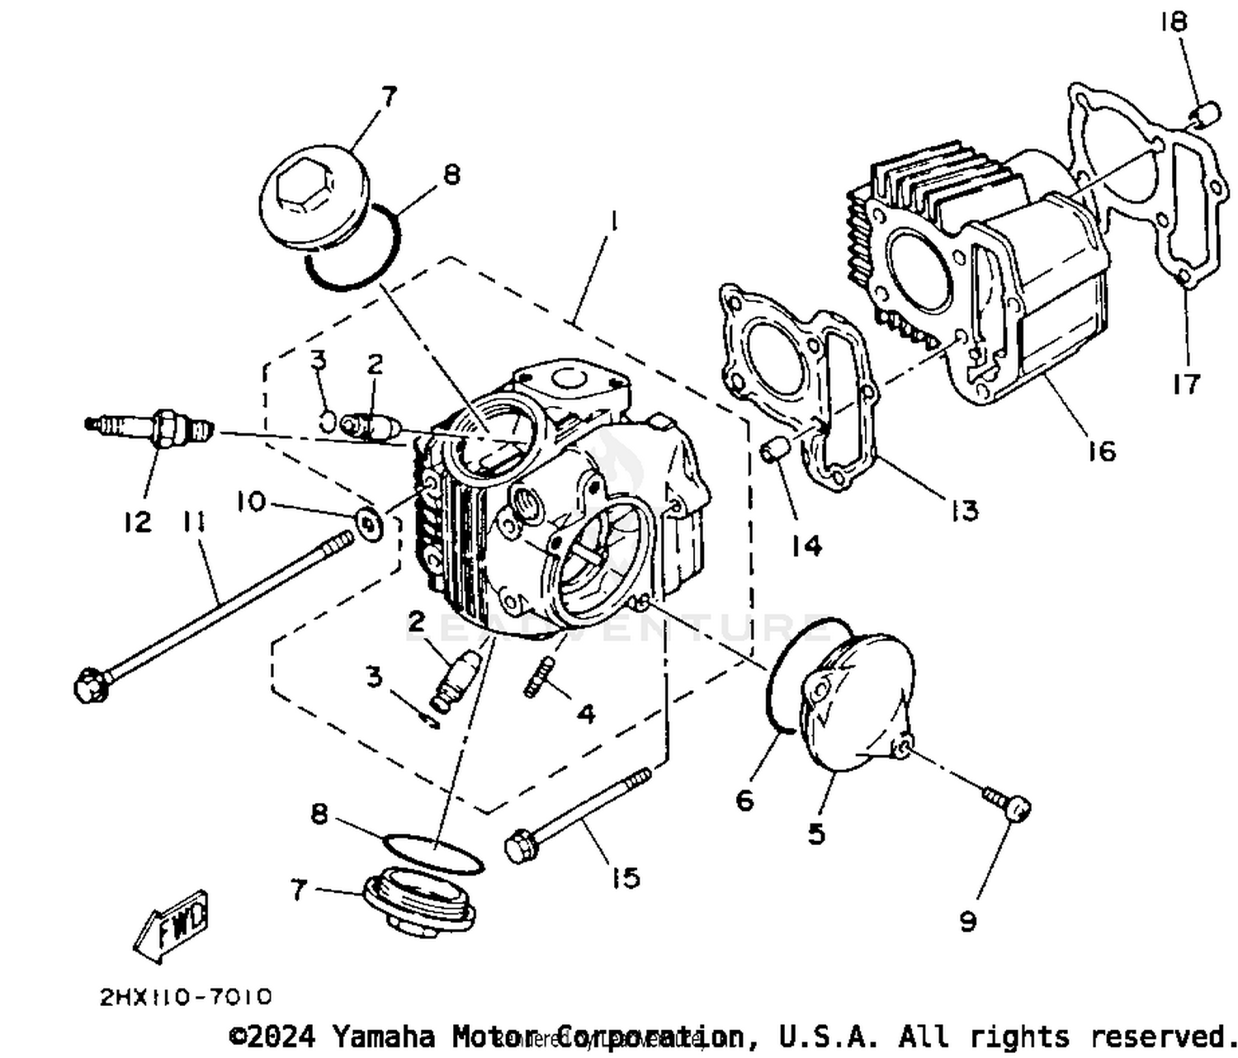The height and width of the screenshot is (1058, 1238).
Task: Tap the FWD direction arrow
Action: tap(172, 924)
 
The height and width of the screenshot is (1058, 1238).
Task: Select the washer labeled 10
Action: tap(368, 523)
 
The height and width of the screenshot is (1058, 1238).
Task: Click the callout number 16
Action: tap(1101, 451)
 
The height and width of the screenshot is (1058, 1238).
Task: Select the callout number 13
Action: tap(963, 511)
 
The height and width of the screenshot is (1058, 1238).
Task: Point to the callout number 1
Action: tap(612, 222)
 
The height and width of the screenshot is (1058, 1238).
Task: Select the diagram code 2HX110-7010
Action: tap(185, 997)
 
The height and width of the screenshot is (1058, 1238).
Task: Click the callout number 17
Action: tap(1185, 383)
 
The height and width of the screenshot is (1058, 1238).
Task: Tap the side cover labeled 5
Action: tap(858, 701)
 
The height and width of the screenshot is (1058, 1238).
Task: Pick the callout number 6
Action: tap(744, 800)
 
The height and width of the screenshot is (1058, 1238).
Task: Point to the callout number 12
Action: tap(138, 522)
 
